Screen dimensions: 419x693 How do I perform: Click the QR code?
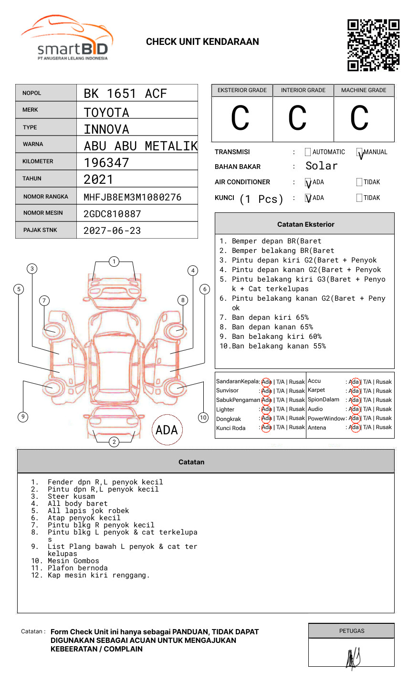(x=373, y=45)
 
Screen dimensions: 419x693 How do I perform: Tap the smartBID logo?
(x=67, y=37)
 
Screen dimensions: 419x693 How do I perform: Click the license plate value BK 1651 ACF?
(x=125, y=94)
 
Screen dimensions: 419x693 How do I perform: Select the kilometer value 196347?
(x=106, y=163)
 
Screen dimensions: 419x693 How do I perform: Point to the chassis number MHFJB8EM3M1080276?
(x=133, y=197)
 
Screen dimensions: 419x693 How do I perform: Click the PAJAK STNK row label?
(x=40, y=230)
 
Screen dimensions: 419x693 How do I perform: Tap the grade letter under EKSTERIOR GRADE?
(x=240, y=118)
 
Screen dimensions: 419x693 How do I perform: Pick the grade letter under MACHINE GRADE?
(x=359, y=118)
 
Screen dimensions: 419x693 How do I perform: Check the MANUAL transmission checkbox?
(x=359, y=152)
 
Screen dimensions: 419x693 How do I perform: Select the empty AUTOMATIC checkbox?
(x=308, y=152)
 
